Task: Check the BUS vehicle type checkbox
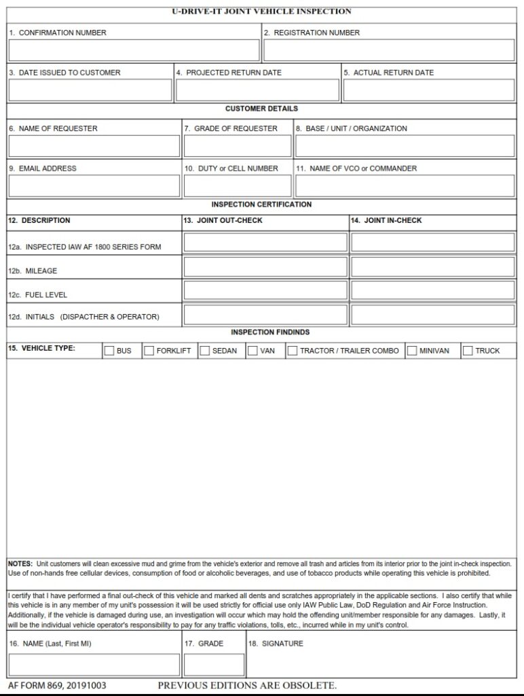coord(109,351)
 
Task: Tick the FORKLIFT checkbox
coord(149,351)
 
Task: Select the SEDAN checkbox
coord(204,351)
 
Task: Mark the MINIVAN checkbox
coord(412,351)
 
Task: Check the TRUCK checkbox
coord(468,351)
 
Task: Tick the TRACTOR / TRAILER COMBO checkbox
coord(293,351)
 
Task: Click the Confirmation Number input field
coord(134,50)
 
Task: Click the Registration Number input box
coord(388,50)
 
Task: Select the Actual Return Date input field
coord(428,90)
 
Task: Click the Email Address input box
coord(94,186)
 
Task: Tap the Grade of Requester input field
coord(237,146)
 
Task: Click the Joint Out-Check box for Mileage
coord(265,267)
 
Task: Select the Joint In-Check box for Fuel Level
coord(433,291)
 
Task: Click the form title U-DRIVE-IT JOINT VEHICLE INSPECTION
coord(262,12)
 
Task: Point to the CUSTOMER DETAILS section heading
coord(261,109)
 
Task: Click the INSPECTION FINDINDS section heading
coord(270,332)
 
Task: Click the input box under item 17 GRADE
coord(214,665)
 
